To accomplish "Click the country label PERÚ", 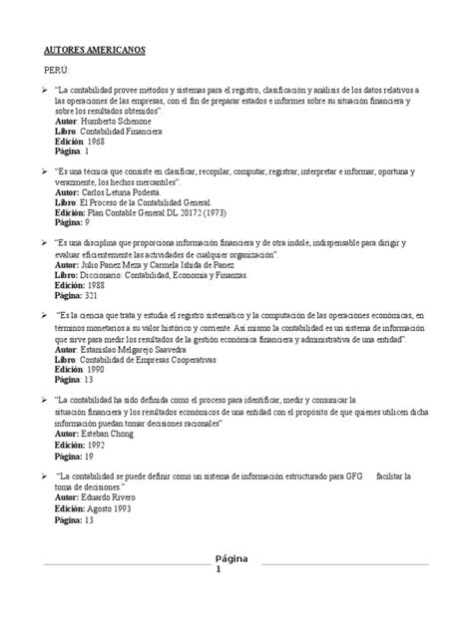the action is tap(56, 72).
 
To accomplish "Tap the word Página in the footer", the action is tap(236, 556).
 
